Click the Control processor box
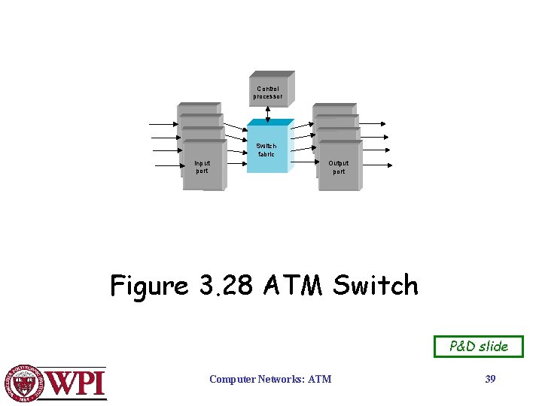click(x=269, y=92)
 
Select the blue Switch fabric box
click(x=266, y=149)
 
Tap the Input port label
click(x=202, y=166)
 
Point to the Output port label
click(x=339, y=166)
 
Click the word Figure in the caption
click(x=148, y=286)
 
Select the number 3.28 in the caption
click(x=224, y=286)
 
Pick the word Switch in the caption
click(x=375, y=286)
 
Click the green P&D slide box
click(x=478, y=347)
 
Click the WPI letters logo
click(x=76, y=383)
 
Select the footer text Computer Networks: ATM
click(x=269, y=379)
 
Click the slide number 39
click(x=490, y=379)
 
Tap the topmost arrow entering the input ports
click(x=163, y=124)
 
